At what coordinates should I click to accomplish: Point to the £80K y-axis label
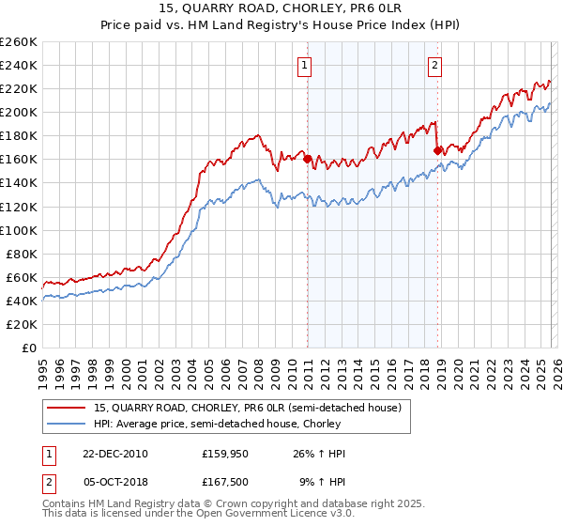point(21,254)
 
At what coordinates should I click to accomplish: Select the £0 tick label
point(28,348)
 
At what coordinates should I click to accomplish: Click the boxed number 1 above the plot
point(307,65)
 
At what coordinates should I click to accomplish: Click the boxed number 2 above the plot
point(435,65)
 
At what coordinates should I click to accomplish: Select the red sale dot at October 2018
point(437,149)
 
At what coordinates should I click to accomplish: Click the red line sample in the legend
point(67,408)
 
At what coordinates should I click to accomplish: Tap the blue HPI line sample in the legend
point(67,424)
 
